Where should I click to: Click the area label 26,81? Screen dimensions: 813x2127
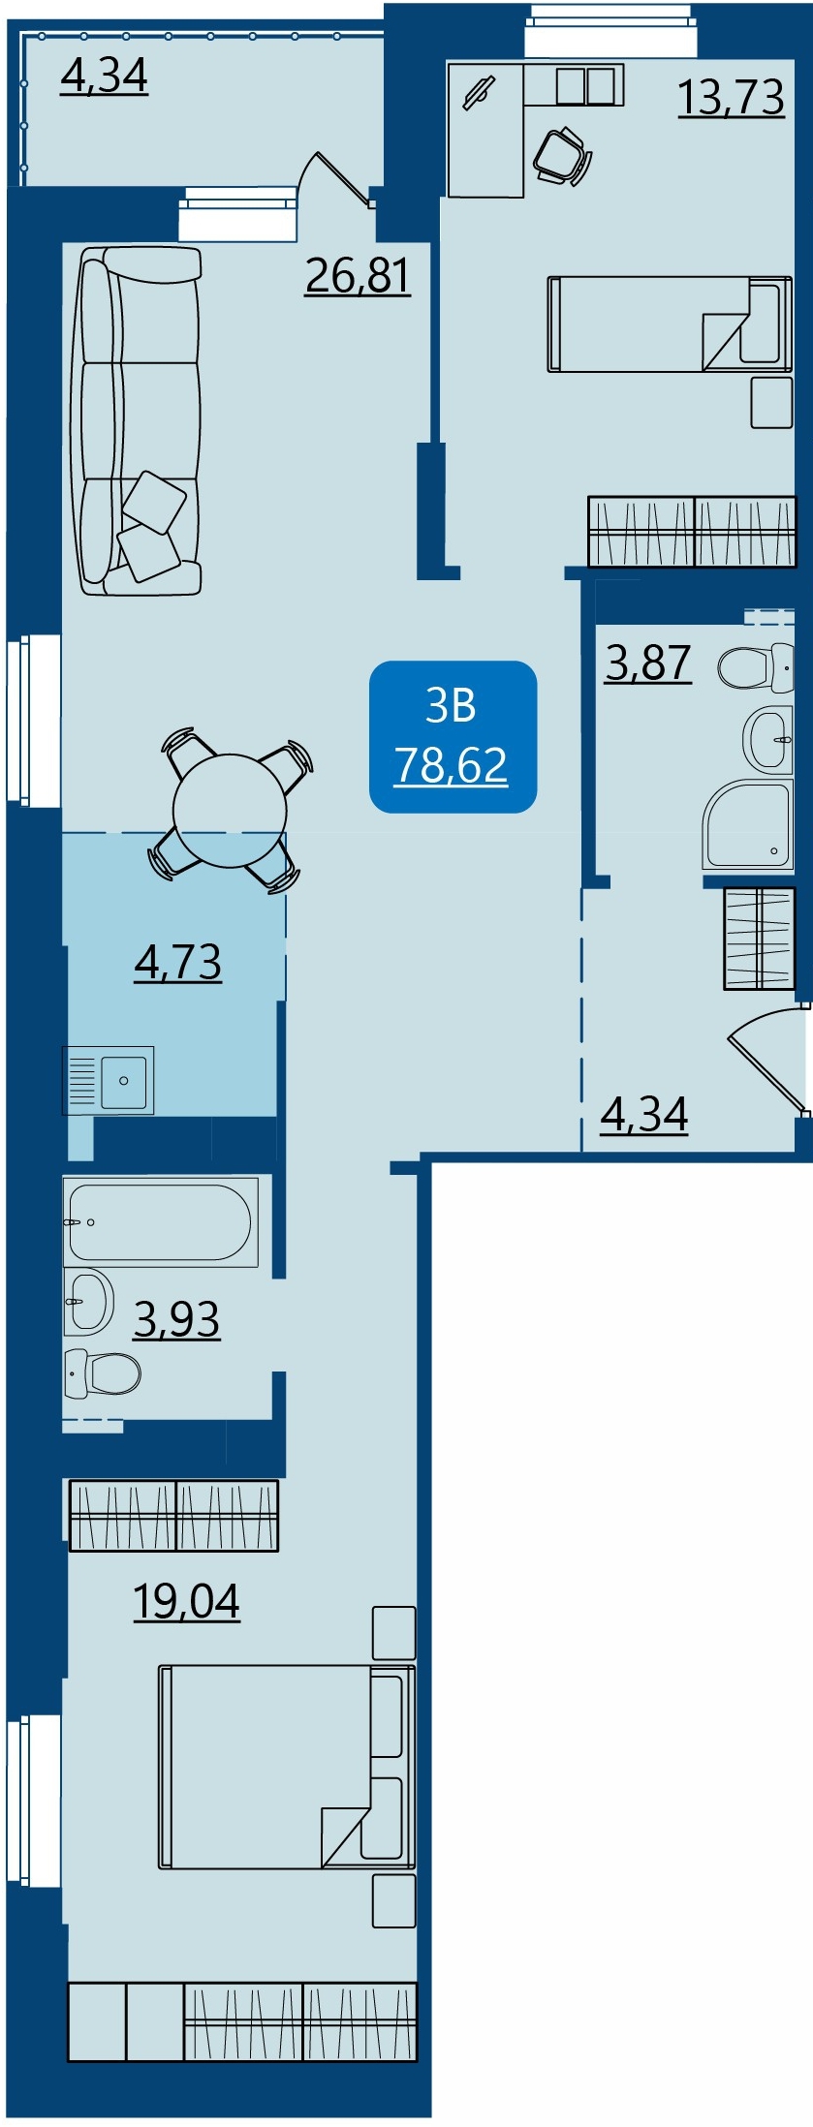click(x=358, y=276)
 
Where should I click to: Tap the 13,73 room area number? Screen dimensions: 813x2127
click(x=731, y=97)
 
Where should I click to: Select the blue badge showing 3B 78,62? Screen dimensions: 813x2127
click(x=453, y=736)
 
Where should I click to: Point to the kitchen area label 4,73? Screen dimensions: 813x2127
click(x=178, y=963)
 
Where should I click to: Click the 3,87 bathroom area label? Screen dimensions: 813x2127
click(x=648, y=663)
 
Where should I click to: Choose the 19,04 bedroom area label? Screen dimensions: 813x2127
click(x=186, y=1601)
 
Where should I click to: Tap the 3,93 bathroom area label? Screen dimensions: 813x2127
click(x=176, y=1319)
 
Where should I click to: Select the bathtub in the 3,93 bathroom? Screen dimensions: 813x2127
click(x=161, y=1221)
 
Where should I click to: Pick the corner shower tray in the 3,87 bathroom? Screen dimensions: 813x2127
click(x=748, y=824)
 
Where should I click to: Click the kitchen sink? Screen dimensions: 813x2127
click(x=109, y=1080)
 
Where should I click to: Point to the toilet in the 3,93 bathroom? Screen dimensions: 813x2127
click(x=102, y=1373)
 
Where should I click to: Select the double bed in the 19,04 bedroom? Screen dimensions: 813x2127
click(x=288, y=1767)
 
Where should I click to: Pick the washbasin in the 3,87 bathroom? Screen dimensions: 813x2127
click(x=768, y=739)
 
